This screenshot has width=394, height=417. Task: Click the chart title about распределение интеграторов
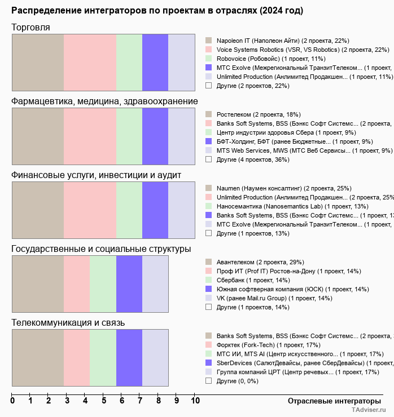pos(157,11)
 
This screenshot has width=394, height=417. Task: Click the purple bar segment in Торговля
pos(155,62)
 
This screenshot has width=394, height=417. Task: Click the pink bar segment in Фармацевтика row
pos(90,136)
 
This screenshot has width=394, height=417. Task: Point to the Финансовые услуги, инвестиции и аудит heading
pos(96,175)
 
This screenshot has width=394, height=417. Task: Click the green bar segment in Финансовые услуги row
pos(129,210)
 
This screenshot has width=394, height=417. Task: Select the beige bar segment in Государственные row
pos(38,283)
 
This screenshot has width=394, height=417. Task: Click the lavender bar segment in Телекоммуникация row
pos(155,358)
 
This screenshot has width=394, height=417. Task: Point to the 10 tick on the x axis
pos(195,401)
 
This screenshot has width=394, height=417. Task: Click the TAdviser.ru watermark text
pos(369,410)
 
